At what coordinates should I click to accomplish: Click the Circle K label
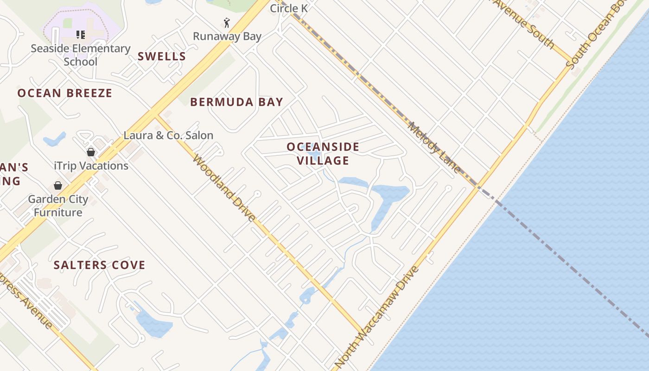click(x=289, y=8)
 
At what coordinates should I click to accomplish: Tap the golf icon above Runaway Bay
click(x=227, y=23)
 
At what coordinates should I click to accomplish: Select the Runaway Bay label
click(x=227, y=36)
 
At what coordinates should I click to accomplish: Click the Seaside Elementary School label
click(x=81, y=55)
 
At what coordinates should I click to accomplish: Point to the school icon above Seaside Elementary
click(x=81, y=34)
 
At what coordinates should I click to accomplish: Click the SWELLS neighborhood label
click(x=162, y=57)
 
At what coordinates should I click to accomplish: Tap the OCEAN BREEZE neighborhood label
click(x=65, y=93)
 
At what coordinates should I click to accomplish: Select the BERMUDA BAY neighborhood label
click(x=236, y=102)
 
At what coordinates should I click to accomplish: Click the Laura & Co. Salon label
click(x=168, y=135)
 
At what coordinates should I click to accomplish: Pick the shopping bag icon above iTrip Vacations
click(x=91, y=152)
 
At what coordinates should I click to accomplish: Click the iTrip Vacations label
click(x=91, y=166)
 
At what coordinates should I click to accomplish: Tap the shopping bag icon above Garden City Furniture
click(x=58, y=185)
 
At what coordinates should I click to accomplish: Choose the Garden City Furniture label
click(x=58, y=206)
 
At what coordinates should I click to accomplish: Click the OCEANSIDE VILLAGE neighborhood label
click(x=323, y=154)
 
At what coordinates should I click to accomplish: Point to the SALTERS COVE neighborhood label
click(x=99, y=265)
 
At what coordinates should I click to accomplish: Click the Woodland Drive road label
click(x=224, y=188)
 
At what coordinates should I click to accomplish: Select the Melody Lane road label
click(x=434, y=147)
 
